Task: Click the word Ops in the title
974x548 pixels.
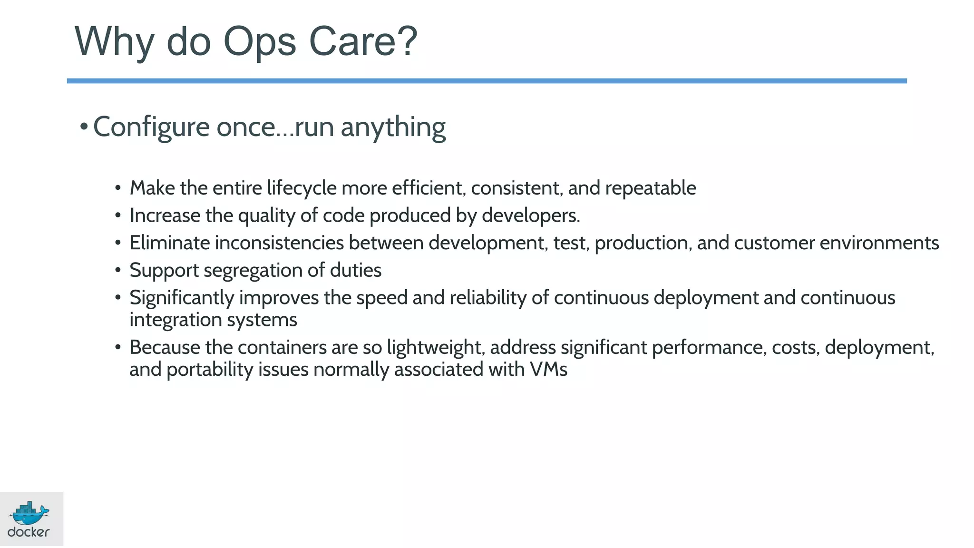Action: pos(260,42)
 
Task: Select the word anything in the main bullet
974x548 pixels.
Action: pos(393,127)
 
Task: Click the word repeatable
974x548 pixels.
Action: pos(651,188)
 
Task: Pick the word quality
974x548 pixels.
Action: pos(266,216)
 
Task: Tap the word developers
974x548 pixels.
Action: pos(530,216)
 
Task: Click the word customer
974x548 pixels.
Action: pos(774,243)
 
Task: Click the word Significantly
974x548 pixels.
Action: pos(182,298)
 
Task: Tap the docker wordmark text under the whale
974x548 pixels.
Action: pos(29,532)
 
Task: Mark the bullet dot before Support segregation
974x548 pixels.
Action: pos(118,270)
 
